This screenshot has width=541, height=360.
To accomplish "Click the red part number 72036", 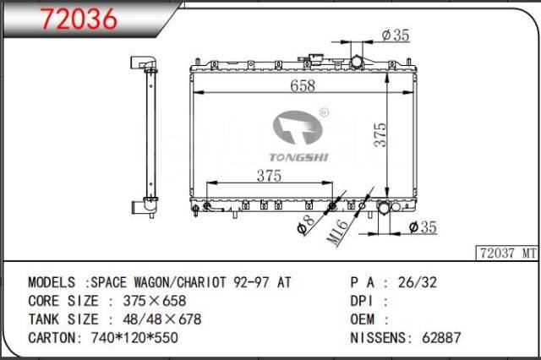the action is (79, 19).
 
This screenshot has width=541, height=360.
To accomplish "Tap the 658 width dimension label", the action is (303, 85).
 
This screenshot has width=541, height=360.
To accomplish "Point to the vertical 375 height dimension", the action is (380, 134).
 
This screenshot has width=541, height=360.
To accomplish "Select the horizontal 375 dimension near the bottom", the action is (269, 176).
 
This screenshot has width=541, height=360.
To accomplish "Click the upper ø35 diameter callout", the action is (396, 35).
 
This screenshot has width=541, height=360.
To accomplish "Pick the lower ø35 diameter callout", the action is (423, 227).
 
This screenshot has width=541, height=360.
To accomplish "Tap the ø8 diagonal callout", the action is (306, 225).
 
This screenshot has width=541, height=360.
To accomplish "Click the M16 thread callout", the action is (338, 232).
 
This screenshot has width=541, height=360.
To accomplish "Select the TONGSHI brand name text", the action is (298, 157).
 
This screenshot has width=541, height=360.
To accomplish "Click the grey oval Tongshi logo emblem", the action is (298, 128).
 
